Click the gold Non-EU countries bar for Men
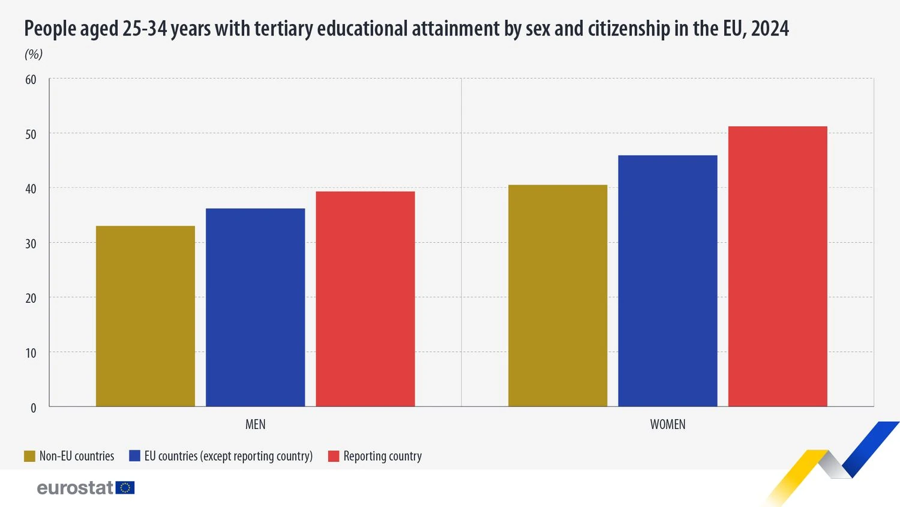click(x=145, y=316)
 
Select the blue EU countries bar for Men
click(x=255, y=308)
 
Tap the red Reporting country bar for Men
click(x=365, y=299)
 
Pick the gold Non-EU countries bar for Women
click(x=557, y=296)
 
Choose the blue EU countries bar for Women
click(x=667, y=281)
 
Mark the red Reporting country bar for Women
click(x=778, y=267)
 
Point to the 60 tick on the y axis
click(x=31, y=79)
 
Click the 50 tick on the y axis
click(x=31, y=134)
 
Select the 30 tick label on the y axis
click(x=31, y=243)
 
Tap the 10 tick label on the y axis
click(x=31, y=353)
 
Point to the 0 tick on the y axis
click(x=34, y=408)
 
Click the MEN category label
click(x=255, y=424)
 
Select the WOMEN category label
click(x=667, y=424)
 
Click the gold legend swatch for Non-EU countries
click(x=29, y=457)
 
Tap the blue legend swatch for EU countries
click(x=134, y=457)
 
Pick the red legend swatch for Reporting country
click(x=334, y=457)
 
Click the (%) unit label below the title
click(x=34, y=54)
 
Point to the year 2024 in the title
click(x=770, y=28)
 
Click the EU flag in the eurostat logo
click(x=125, y=488)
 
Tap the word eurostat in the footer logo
click(x=75, y=488)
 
